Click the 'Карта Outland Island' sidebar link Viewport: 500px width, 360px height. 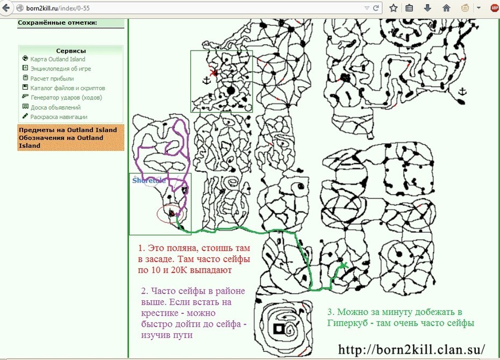click(58, 59)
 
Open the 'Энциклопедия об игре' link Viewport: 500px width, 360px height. click(61, 69)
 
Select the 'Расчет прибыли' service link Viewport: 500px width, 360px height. click(52, 78)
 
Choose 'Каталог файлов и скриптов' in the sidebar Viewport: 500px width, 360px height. click(68, 88)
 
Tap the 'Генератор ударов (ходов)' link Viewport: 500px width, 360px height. click(66, 97)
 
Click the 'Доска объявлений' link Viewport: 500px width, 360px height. click(55, 107)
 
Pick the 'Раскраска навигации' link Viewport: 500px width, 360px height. click(59, 117)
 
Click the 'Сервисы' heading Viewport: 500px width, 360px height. click(71, 51)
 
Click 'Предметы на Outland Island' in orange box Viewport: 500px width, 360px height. click(68, 130)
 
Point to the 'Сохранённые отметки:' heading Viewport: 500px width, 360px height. click(58, 23)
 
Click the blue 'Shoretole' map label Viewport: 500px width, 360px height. click(149, 181)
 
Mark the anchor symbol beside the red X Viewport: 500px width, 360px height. click(207, 80)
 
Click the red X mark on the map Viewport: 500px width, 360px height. click(213, 73)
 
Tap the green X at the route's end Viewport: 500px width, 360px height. click(343, 264)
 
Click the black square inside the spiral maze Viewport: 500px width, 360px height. click(279, 328)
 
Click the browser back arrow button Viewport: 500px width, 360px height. click(6, 8)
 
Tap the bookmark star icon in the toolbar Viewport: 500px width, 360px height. click(394, 8)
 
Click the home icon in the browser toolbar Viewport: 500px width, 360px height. click(446, 8)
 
